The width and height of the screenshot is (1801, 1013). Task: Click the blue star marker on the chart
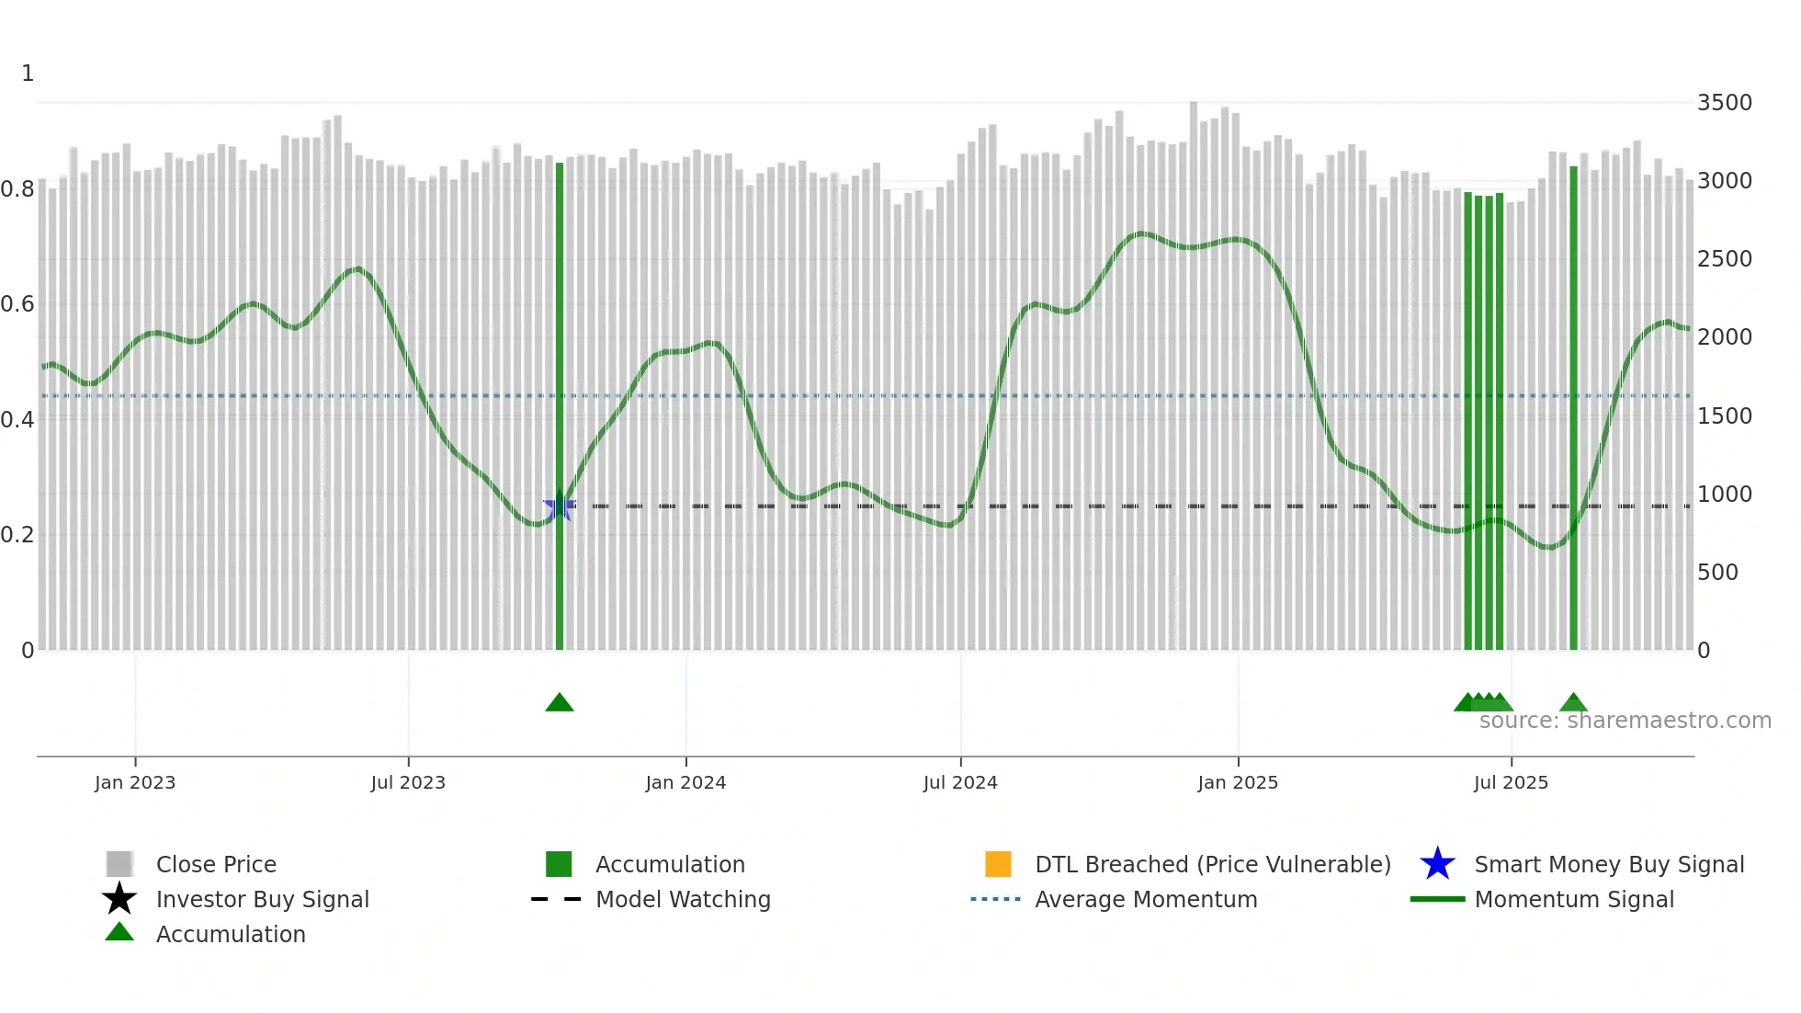click(559, 506)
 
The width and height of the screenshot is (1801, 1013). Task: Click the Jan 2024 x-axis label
click(685, 782)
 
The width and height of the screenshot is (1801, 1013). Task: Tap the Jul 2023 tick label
click(408, 782)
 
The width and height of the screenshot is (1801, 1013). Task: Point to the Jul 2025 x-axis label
click(1511, 782)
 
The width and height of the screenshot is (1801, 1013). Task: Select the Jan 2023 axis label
click(135, 782)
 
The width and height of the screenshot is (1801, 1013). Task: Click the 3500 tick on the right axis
click(1724, 103)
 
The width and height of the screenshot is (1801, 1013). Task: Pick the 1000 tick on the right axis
click(1724, 495)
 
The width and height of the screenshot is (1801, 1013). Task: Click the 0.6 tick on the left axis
click(17, 304)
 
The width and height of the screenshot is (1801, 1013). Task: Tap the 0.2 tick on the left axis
click(17, 535)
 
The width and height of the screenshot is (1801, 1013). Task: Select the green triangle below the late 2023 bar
click(560, 703)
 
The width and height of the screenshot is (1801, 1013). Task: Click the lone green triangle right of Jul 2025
click(1574, 703)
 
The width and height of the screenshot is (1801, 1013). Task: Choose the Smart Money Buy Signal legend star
click(1437, 864)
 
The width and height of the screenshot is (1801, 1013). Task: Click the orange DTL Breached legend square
click(998, 864)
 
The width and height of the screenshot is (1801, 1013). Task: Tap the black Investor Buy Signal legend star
click(119, 899)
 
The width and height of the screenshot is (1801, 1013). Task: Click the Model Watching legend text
click(683, 899)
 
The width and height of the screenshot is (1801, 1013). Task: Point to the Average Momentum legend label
click(1146, 899)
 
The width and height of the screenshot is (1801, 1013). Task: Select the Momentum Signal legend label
click(1574, 899)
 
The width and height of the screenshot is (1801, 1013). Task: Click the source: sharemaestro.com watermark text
click(1625, 721)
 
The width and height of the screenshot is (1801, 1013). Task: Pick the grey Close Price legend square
click(119, 864)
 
